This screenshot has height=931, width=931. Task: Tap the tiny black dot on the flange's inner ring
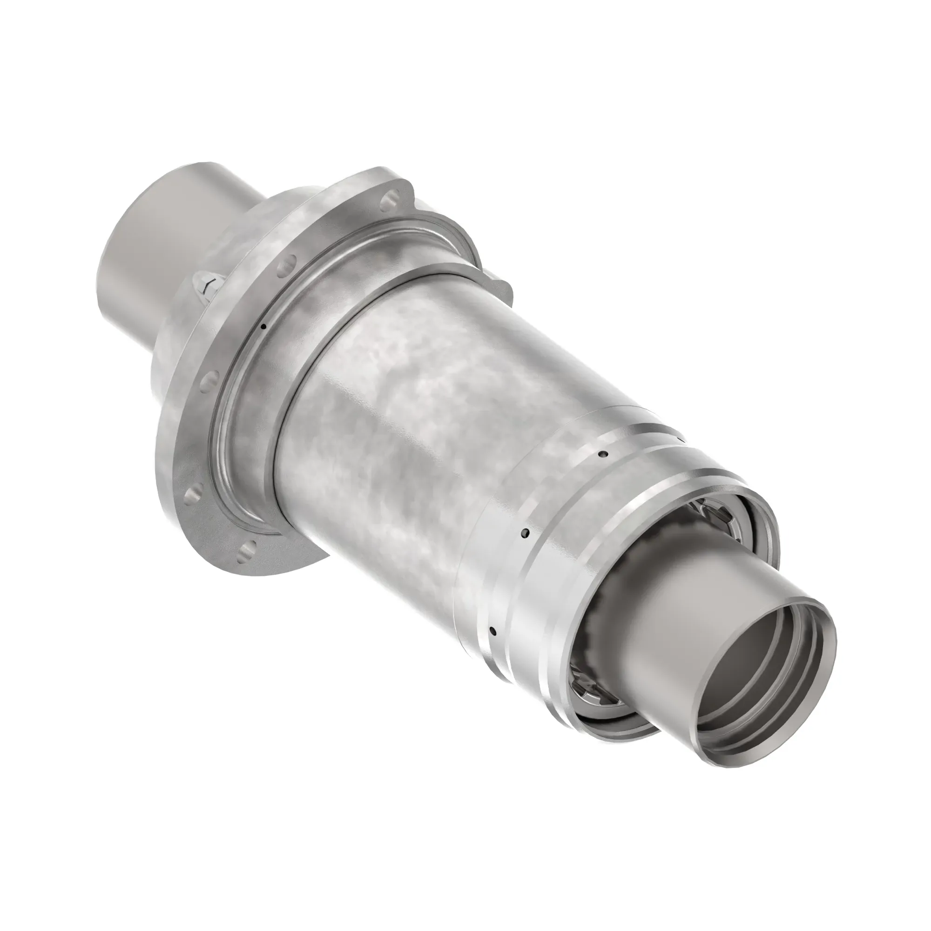point(263,327)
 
